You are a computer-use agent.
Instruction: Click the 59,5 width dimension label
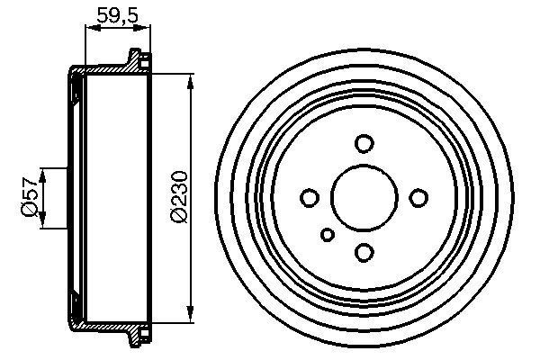point(118,14)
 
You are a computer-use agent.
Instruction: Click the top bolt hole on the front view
point(364,143)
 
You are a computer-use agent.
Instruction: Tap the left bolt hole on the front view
point(309,197)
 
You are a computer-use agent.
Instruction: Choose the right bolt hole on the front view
point(418,197)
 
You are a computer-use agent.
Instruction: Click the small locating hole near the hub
point(328,235)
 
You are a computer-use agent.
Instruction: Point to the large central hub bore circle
point(364,197)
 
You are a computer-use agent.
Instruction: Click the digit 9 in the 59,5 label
point(112,14)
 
